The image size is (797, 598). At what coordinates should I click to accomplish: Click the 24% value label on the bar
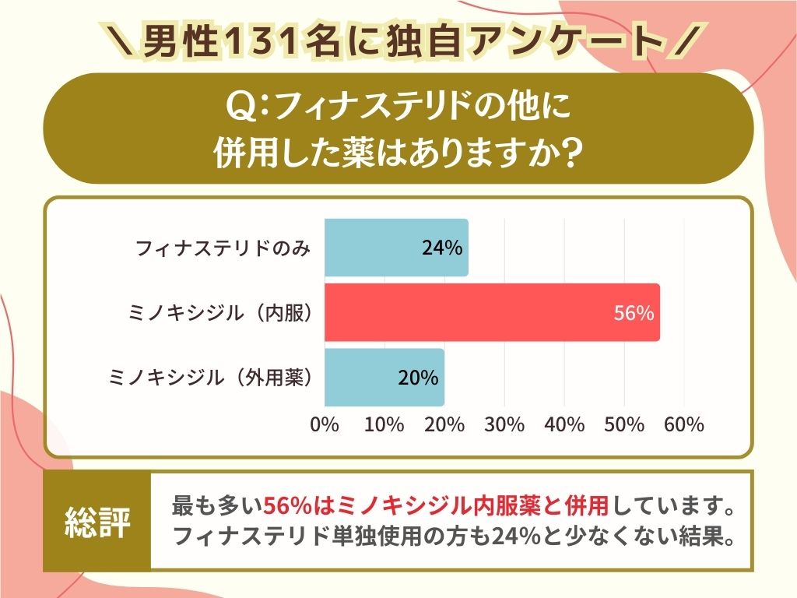click(x=442, y=248)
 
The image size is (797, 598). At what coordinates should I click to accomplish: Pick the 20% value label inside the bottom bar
click(x=418, y=378)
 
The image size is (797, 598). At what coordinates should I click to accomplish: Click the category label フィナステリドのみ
click(x=223, y=248)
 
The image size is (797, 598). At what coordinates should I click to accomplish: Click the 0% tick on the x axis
click(x=325, y=425)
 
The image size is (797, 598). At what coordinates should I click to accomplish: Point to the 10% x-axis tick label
click(x=384, y=425)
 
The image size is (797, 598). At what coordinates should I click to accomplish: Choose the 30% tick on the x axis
click(x=504, y=425)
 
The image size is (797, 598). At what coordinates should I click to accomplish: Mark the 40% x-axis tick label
click(x=564, y=425)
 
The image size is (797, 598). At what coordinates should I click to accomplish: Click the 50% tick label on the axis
click(x=624, y=425)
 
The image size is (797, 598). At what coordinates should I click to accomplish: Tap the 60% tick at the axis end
click(x=684, y=425)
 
